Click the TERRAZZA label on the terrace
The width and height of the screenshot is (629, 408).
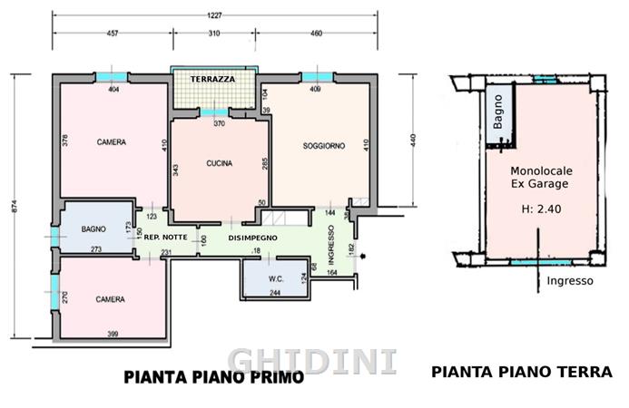click(212, 80)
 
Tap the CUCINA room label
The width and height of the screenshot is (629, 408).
click(219, 163)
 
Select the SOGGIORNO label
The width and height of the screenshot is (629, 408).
click(324, 146)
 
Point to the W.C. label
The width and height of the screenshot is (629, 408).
click(276, 279)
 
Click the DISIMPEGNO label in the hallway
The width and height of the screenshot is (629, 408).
click(252, 238)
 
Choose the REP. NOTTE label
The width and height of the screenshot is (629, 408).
click(166, 238)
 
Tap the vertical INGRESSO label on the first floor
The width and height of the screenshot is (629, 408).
click(331, 245)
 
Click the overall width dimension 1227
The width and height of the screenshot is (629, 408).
click(214, 15)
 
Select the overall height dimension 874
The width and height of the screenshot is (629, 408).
click(15, 206)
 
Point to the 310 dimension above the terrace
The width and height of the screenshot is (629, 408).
click(214, 34)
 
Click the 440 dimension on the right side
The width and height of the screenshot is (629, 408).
click(413, 140)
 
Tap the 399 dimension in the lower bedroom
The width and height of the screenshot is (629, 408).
click(113, 334)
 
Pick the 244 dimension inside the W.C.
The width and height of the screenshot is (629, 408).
click(275, 293)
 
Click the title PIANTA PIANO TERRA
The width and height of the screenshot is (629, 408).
click(522, 372)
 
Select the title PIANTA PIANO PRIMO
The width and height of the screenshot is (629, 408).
click(214, 377)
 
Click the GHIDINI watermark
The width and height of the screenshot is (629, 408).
click(312, 362)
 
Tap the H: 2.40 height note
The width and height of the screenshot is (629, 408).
click(541, 209)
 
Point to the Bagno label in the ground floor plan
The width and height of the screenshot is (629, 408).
click(497, 112)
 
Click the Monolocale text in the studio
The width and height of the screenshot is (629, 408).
click(541, 171)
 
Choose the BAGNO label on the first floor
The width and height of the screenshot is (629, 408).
click(93, 229)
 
